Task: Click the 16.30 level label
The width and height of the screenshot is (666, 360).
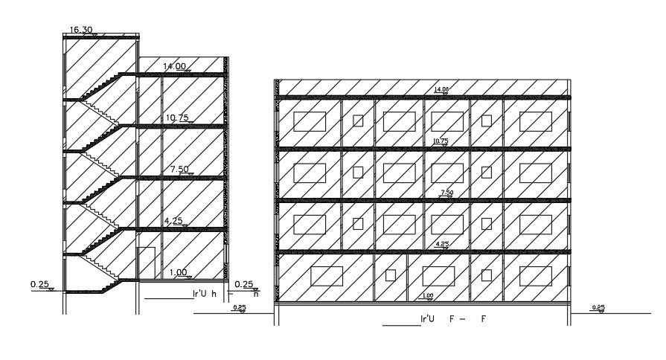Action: pos(80,30)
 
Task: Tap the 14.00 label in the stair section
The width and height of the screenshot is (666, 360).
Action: pos(175,66)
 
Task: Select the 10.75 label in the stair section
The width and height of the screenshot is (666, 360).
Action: pos(176,118)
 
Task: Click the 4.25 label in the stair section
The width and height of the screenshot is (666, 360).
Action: pos(175,221)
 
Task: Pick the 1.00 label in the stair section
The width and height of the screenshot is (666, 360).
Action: pos(179,272)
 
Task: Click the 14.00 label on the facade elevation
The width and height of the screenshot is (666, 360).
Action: pos(441,90)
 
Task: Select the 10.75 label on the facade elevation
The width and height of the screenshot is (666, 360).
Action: pos(441,141)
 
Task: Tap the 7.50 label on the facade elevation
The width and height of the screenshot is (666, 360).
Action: pos(447,193)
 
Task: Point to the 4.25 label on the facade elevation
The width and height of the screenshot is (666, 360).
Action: pos(442,244)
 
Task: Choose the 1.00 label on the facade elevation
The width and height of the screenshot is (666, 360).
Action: pos(427,296)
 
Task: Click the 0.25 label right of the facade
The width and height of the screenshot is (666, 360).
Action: pos(598,307)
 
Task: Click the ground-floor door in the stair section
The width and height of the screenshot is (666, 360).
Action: pos(146,264)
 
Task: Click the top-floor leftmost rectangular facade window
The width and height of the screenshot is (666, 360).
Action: pos(310,121)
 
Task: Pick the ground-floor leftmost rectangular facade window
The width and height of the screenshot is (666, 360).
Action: pos(325,276)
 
